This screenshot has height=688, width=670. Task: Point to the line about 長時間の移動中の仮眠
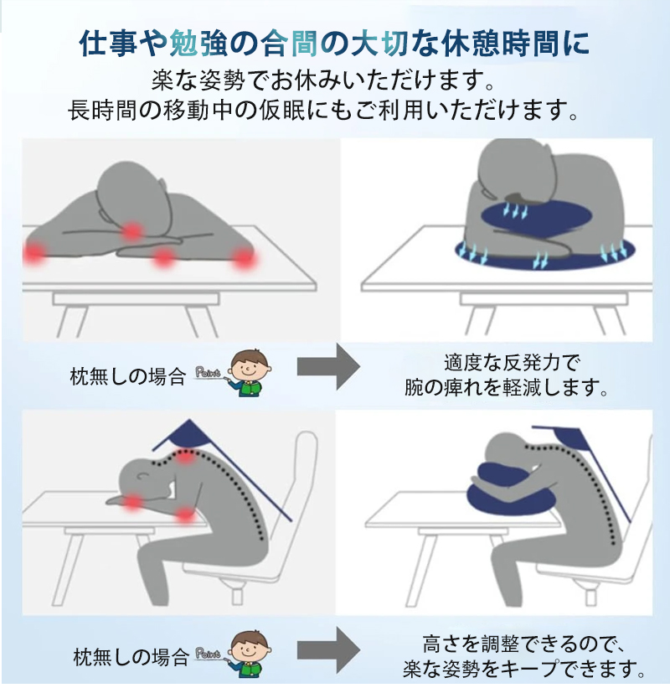pyautogui.click(x=323, y=111)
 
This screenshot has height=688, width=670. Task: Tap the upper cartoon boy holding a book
pyautogui.click(x=246, y=372)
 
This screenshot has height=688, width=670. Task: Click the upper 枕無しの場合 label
pyautogui.click(x=129, y=376)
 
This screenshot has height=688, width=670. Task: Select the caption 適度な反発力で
pyautogui.click(x=512, y=365)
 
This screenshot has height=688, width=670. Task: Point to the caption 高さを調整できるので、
pyautogui.click(x=519, y=644)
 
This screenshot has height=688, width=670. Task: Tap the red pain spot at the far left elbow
pyautogui.click(x=35, y=252)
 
